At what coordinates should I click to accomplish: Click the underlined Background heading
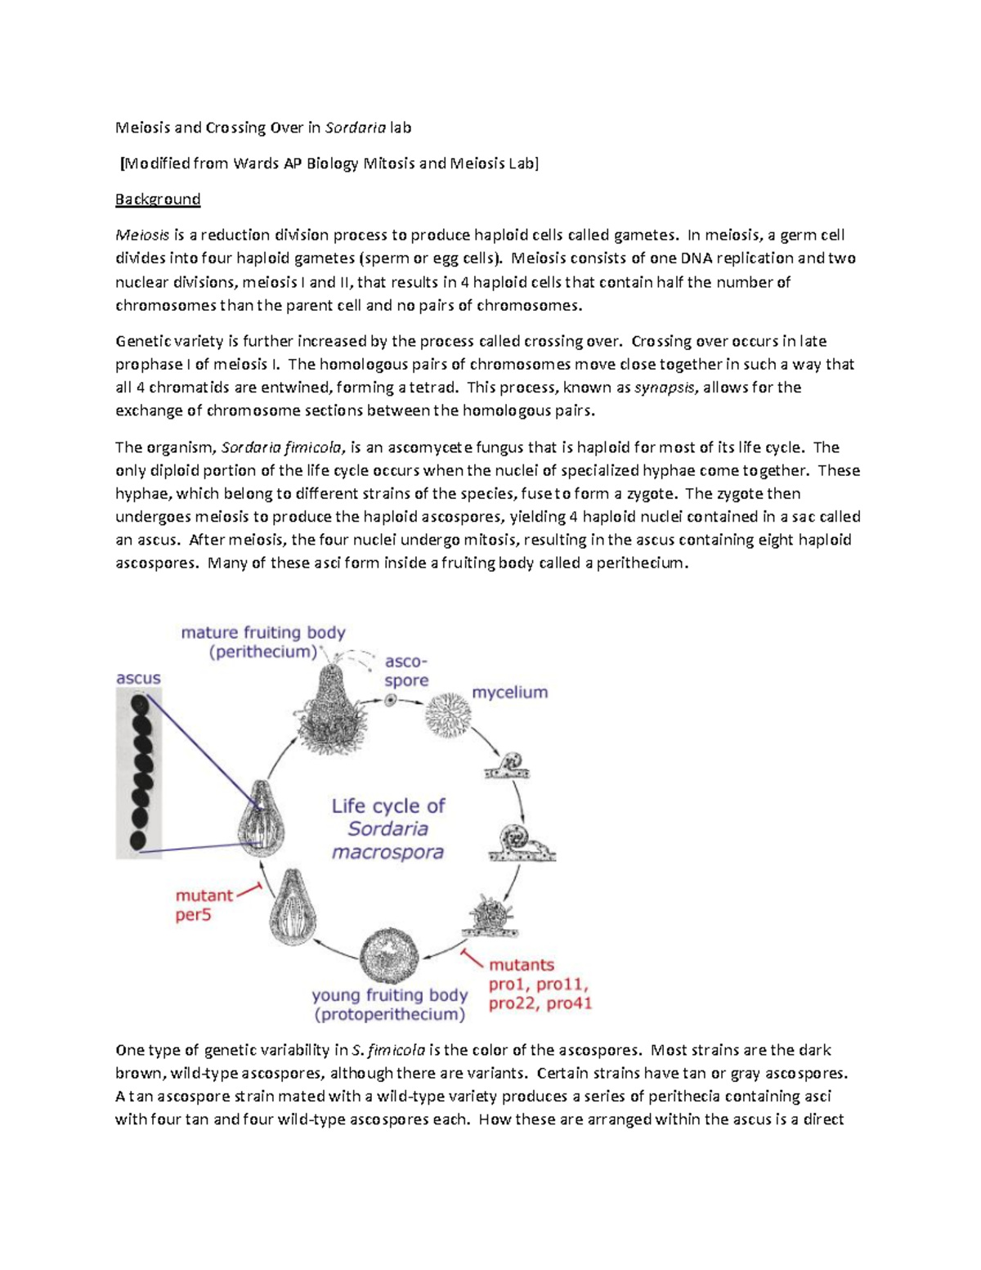coord(158,199)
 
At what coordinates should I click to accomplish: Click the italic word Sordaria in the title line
coord(355,128)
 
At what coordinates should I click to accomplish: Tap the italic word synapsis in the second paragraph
coord(664,388)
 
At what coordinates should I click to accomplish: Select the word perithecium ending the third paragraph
coord(642,563)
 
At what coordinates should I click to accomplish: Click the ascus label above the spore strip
coord(138,678)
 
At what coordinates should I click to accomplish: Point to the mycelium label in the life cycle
coord(509,692)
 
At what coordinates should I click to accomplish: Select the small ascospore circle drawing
coord(391,700)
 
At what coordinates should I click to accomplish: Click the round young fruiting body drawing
coord(389,956)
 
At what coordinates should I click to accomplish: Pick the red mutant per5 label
coord(204,905)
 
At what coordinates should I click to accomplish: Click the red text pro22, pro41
coord(540,1003)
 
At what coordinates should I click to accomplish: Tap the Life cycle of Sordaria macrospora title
coord(387,828)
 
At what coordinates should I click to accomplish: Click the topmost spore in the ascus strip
coord(140,703)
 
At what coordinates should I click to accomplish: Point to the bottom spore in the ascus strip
coord(138,839)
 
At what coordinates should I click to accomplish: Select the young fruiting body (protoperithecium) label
coord(389,1005)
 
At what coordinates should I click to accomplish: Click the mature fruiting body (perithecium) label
coord(262,642)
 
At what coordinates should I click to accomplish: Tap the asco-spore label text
coord(406,671)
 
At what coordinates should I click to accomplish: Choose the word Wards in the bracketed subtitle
coord(256,164)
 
